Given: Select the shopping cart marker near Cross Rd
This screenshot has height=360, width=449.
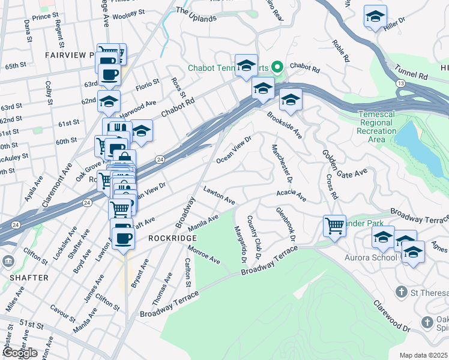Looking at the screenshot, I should click(334, 226).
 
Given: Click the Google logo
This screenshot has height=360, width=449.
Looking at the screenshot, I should click(20, 353).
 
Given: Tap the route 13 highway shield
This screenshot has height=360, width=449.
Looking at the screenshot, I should click(400, 83).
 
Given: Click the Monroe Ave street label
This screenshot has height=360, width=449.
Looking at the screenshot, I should click(203, 254).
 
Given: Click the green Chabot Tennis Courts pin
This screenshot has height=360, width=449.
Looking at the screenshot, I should click(278, 66).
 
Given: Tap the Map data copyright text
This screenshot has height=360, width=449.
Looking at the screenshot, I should click(424, 355).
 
